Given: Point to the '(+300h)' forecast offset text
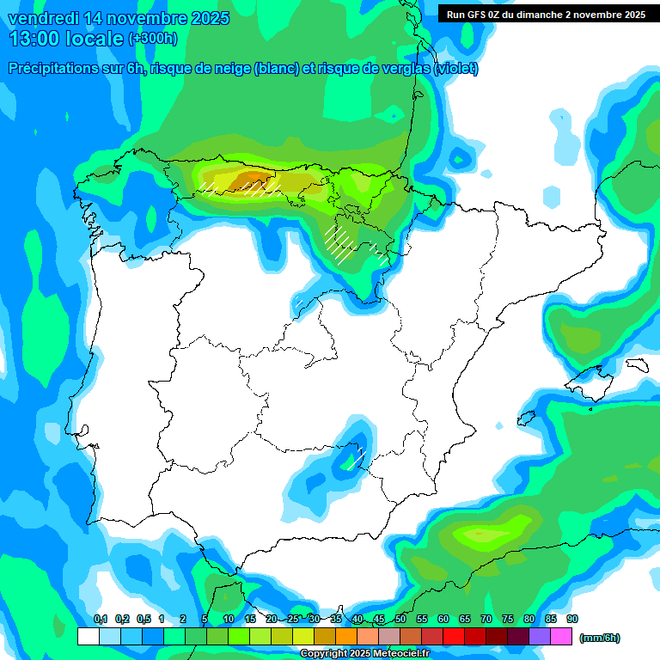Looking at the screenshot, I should pos(152,39).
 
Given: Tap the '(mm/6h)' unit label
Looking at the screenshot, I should pos(599,638).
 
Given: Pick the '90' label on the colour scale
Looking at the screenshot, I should pos(572,620).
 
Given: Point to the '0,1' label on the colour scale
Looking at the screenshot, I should pos(100,620).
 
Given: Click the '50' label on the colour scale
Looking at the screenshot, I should pos(400,620).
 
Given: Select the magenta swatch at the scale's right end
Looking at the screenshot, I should pos(561,636).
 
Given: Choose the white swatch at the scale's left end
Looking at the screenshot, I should pos(88,636).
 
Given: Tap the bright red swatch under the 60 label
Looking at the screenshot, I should pos(454,636).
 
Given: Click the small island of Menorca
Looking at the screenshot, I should pos(637,365).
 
